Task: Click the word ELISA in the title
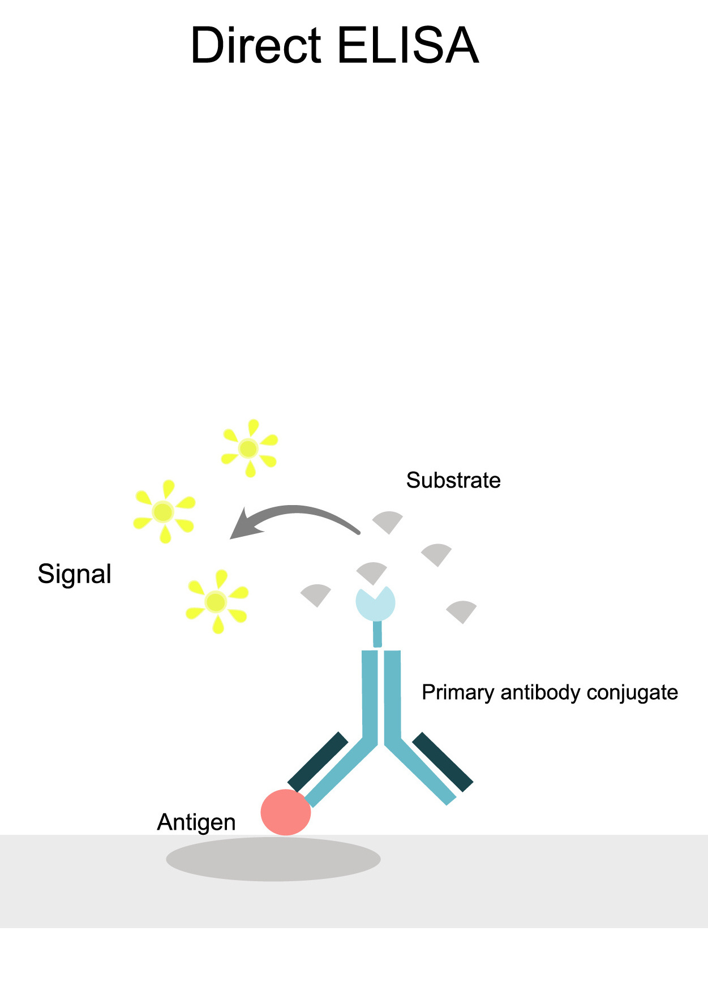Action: pyautogui.click(x=408, y=45)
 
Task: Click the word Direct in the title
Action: pyautogui.click(x=256, y=45)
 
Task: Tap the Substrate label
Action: pyautogui.click(x=453, y=480)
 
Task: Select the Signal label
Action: pyautogui.click(x=74, y=574)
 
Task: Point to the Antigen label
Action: pyautogui.click(x=196, y=822)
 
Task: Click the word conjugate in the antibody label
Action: pyautogui.click(x=632, y=692)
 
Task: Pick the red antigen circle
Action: pyautogui.click(x=285, y=812)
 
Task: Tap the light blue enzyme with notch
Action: pyautogui.click(x=375, y=604)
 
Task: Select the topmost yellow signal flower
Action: pyautogui.click(x=249, y=449)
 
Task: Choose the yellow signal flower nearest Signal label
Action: pyautogui.click(x=164, y=511)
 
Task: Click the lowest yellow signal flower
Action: pyautogui.click(x=216, y=601)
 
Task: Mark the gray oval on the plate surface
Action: pyautogui.click(x=273, y=859)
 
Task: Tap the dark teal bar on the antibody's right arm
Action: pyautogui.click(x=443, y=762)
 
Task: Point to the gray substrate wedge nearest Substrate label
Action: pyautogui.click(x=388, y=520)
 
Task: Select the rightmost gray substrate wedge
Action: pyautogui.click(x=462, y=610)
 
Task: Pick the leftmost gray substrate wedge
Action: pyautogui.click(x=316, y=594)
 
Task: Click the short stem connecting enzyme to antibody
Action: pyautogui.click(x=377, y=634)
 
